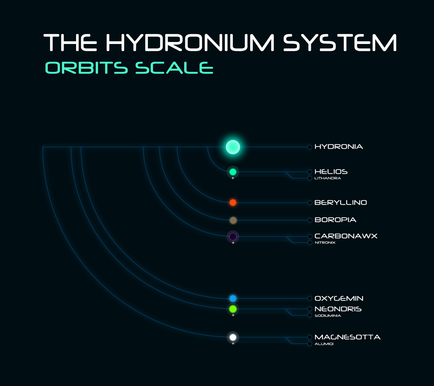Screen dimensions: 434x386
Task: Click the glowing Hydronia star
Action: (x=233, y=147)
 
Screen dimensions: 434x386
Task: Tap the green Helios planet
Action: (x=233, y=172)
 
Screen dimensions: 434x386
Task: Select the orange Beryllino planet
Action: (x=233, y=202)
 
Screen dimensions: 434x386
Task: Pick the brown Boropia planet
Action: (x=233, y=220)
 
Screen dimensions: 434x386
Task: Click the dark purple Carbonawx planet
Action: (x=233, y=237)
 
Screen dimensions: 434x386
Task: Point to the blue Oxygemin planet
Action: (x=233, y=298)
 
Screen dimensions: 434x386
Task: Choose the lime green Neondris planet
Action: (x=233, y=309)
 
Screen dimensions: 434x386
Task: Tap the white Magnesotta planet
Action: (x=233, y=337)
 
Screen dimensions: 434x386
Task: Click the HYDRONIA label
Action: (x=339, y=147)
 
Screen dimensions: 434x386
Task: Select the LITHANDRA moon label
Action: (x=327, y=178)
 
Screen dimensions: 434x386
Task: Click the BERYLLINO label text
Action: (x=340, y=202)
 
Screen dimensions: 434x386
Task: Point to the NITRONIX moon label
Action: (x=325, y=243)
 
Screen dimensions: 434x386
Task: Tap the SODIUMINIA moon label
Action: (x=328, y=316)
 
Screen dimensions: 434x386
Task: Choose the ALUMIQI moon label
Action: (x=324, y=344)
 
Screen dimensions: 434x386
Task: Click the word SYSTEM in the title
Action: (x=340, y=42)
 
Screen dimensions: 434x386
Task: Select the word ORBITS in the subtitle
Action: (x=87, y=68)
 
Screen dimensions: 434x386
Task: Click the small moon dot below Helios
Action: (x=233, y=178)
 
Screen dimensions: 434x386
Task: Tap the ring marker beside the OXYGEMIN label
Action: (x=310, y=298)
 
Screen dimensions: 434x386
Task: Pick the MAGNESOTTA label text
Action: (x=347, y=337)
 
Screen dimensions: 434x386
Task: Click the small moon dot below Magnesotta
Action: (x=233, y=344)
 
